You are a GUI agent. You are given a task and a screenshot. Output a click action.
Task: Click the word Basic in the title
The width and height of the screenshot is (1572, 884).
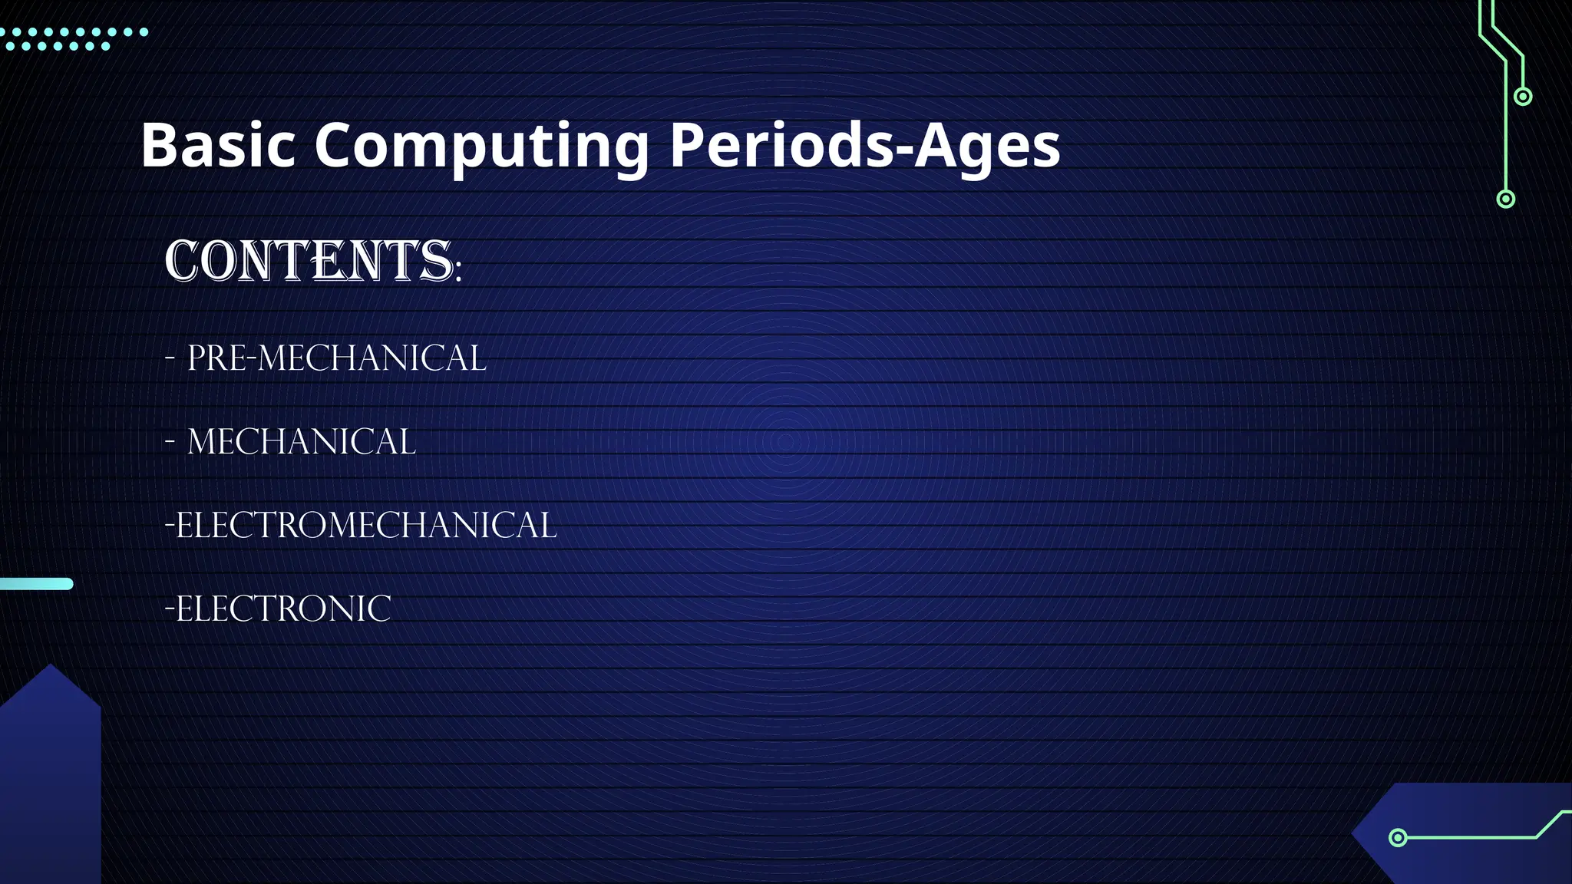click(218, 145)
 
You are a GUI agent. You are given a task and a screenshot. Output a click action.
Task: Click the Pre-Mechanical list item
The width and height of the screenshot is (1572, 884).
click(336, 358)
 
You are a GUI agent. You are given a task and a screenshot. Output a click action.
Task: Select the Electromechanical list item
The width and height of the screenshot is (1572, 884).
click(361, 526)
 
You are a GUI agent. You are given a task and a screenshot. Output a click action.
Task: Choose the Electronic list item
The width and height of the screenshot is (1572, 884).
click(278, 609)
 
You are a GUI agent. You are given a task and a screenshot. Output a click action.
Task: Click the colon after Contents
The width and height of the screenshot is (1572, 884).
click(458, 272)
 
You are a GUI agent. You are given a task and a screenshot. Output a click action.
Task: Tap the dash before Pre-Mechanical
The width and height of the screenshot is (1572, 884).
click(170, 358)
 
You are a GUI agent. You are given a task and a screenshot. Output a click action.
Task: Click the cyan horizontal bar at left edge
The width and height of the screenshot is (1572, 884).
click(36, 584)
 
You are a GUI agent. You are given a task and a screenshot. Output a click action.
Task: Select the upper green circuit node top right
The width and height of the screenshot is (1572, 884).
click(1523, 97)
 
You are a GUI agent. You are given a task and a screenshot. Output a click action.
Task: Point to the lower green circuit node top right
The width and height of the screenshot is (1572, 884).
click(1506, 200)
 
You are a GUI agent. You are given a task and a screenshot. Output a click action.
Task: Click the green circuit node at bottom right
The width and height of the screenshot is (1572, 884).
click(1398, 837)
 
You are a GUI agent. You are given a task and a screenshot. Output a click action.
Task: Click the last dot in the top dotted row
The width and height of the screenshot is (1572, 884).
click(144, 32)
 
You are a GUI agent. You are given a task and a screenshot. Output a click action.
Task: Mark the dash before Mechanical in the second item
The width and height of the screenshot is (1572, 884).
click(170, 442)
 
